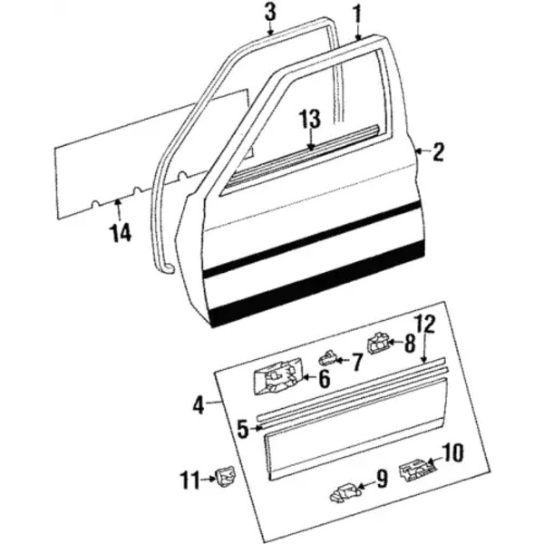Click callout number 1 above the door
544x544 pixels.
(x=357, y=15)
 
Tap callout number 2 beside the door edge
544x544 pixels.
(x=438, y=152)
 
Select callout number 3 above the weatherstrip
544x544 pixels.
(x=270, y=12)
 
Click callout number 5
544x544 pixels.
(x=243, y=429)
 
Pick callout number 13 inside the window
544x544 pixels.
(x=311, y=120)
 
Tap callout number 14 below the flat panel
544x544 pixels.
(x=121, y=232)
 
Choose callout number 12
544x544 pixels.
(x=425, y=325)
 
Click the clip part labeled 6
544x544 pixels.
(x=278, y=377)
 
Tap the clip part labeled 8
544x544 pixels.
(x=377, y=344)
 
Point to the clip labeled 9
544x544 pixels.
(x=345, y=492)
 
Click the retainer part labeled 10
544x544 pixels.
(x=417, y=470)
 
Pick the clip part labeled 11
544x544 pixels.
(x=226, y=477)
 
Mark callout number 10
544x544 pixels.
(x=452, y=452)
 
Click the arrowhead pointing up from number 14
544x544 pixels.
(x=118, y=199)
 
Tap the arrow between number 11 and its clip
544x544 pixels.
(x=209, y=479)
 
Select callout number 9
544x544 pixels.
(x=382, y=479)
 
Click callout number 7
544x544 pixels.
(x=356, y=362)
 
